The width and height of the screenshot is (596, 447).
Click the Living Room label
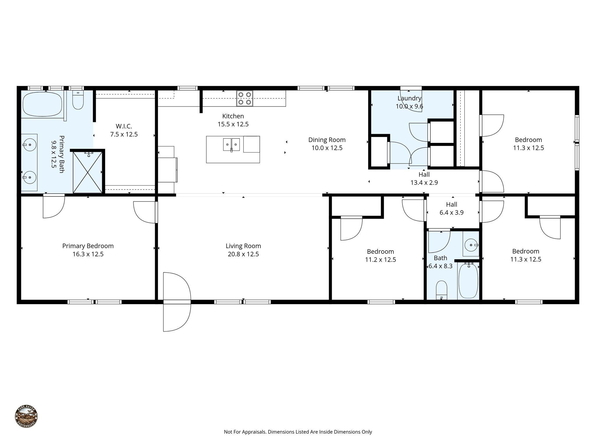tap(243, 246)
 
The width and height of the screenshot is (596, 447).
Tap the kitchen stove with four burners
tap(244, 98)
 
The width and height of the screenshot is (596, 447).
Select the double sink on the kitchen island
tap(231, 145)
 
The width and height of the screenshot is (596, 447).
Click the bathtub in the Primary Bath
tap(42, 104)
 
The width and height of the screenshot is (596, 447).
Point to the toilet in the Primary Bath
tap(78, 101)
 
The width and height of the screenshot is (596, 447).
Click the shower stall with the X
tap(87, 172)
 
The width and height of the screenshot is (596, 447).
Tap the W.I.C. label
tap(124, 126)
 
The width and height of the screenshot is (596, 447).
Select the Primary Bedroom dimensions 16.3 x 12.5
tap(88, 254)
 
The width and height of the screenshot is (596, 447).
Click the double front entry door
tap(177, 302)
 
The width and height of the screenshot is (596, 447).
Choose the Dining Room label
tap(327, 140)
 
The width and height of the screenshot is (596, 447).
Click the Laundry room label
tap(409, 98)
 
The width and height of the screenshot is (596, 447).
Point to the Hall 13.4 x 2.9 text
tap(424, 179)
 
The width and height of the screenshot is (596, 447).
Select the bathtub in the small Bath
tap(468, 281)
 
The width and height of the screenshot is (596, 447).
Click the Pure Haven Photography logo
tap(26, 417)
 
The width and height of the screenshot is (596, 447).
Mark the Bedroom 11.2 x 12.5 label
tap(380, 252)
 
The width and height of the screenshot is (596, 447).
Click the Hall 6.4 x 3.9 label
tap(451, 209)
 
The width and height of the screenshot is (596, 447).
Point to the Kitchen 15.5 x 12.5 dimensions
tap(233, 124)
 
